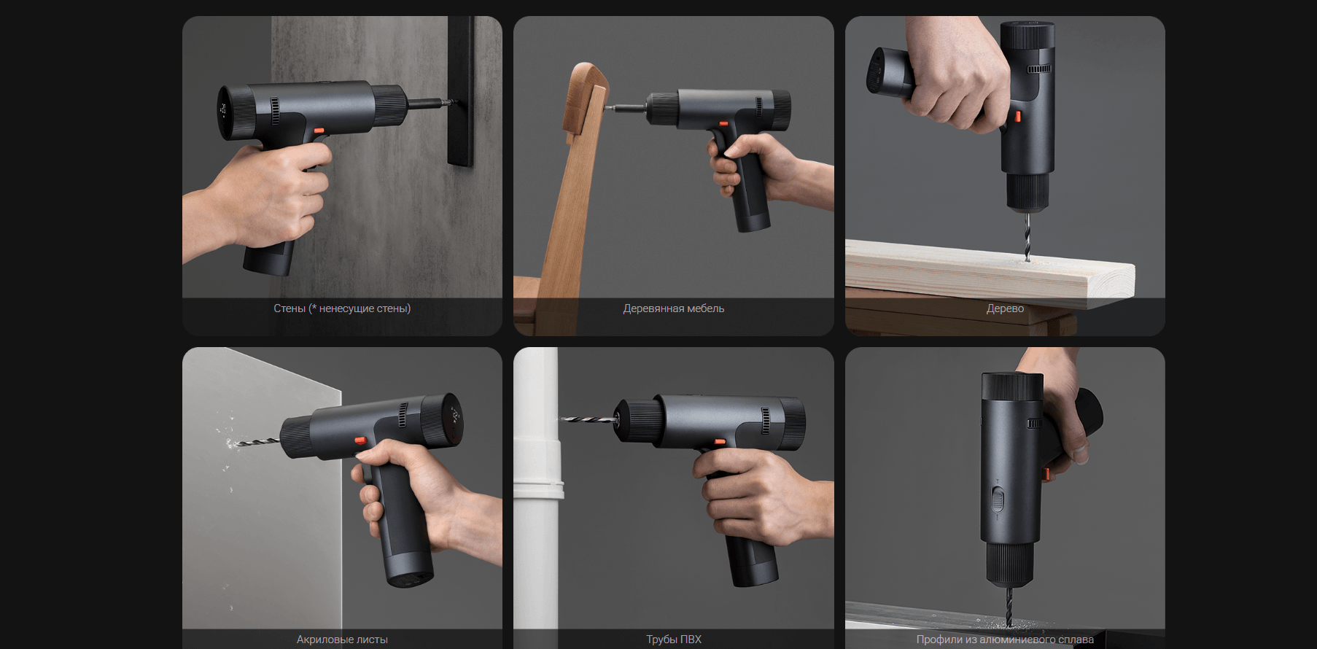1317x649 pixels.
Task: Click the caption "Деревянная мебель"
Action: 673,308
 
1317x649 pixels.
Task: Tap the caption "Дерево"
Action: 1005,308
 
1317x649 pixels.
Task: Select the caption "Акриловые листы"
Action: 342,640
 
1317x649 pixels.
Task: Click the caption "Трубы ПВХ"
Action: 673,640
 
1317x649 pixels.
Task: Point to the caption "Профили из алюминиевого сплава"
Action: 1005,640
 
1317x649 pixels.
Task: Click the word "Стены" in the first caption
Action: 290,308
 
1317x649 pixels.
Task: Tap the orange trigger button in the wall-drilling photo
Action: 318,131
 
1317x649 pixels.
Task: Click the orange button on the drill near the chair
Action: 723,124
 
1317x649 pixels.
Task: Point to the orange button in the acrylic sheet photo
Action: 360,440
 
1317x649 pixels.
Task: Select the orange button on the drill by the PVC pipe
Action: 720,441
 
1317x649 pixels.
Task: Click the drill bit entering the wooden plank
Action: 1027,235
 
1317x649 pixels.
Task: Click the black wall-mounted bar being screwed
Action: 461,91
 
